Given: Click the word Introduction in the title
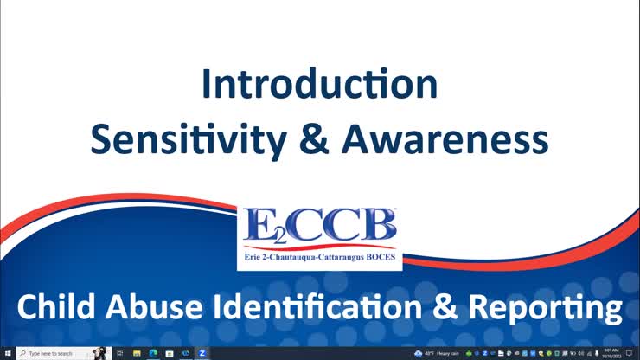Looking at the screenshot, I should pos(319,85).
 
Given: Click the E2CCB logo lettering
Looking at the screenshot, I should pos(320,228).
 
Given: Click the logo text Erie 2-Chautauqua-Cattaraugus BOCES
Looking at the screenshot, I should pos(320,256).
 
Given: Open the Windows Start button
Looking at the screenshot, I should pos(7,354).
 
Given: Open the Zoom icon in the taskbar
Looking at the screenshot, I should pos(202,354).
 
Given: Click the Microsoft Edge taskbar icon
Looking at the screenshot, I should pos(152,354).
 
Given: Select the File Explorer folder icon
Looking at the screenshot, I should pos(136,354).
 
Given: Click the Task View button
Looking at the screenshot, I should pos(119,354).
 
